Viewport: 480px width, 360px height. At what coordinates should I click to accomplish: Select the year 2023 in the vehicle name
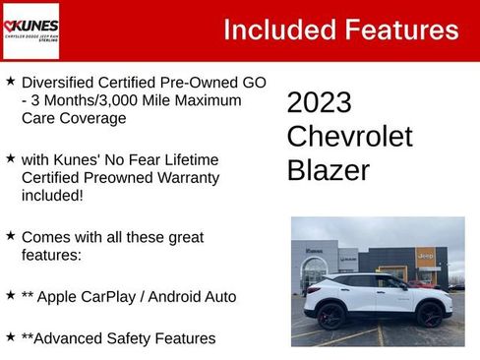(320, 102)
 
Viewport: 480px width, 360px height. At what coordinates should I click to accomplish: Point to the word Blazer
(329, 170)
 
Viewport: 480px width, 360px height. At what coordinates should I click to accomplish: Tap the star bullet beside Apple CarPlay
(10, 294)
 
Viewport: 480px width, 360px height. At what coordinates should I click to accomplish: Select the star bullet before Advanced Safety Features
(10, 337)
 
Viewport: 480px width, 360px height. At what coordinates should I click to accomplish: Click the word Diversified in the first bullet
(58, 83)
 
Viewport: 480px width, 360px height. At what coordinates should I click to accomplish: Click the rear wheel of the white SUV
(330, 315)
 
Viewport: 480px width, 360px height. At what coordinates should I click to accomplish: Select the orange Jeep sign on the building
(426, 256)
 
